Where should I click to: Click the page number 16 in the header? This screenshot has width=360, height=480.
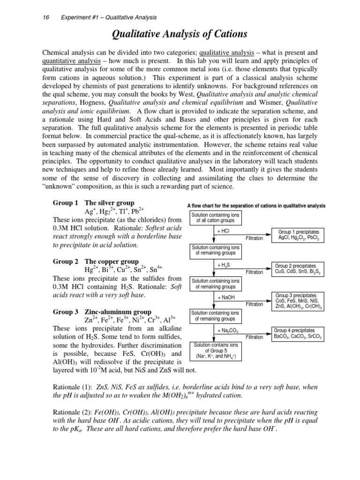pos(45,17)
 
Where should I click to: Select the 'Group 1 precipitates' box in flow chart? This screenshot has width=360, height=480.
pos(299,235)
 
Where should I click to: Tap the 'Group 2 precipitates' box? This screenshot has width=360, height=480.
pos(299,269)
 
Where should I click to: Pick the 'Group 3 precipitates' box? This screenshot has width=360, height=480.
pos(299,301)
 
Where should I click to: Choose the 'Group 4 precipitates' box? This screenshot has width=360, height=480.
pos(299,333)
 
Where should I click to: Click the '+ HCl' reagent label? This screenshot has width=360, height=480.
pos(223,231)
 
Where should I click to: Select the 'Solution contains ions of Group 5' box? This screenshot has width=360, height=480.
pos(216,351)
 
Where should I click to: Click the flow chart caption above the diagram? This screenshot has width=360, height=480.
pos(256,206)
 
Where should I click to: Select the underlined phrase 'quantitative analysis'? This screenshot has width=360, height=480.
pos(72,61)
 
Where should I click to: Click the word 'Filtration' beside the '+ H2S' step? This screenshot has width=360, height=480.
pos(254,272)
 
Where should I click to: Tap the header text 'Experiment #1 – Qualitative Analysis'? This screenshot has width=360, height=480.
pos(109,17)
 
